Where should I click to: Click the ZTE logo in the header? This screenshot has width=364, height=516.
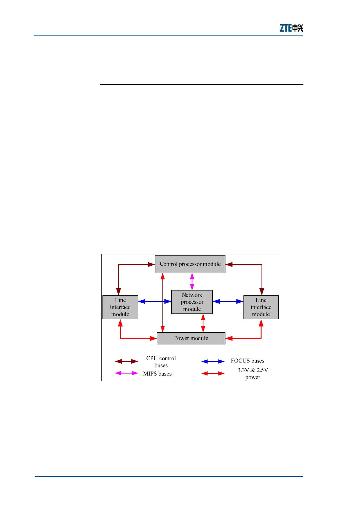[291, 28]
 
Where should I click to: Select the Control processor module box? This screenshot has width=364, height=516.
[190, 264]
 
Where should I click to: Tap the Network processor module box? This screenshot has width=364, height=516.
[192, 302]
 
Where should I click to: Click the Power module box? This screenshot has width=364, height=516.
[191, 338]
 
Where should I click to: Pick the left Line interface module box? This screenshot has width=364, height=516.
[120, 307]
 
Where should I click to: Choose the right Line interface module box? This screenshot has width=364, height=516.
[261, 307]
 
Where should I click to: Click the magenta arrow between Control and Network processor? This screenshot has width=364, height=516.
[192, 282]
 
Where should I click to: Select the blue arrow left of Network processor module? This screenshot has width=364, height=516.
[154, 302]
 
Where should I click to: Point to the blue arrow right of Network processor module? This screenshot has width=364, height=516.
[228, 302]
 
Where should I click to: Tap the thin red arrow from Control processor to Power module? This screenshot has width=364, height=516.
[163, 303]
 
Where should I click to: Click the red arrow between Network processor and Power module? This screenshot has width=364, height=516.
[203, 323]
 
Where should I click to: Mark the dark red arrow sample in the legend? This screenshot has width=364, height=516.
[126, 362]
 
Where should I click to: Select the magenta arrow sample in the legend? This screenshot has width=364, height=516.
[126, 373]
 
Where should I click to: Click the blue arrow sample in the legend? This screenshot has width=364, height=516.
[213, 362]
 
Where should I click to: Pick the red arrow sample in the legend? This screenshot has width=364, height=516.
[213, 374]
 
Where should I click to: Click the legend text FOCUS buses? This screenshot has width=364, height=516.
[247, 361]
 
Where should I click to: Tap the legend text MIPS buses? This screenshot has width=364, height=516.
[157, 374]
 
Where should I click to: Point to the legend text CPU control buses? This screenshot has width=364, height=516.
[161, 362]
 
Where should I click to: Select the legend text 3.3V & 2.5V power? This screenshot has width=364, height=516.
[253, 374]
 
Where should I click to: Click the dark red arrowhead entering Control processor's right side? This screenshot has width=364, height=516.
[229, 264]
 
